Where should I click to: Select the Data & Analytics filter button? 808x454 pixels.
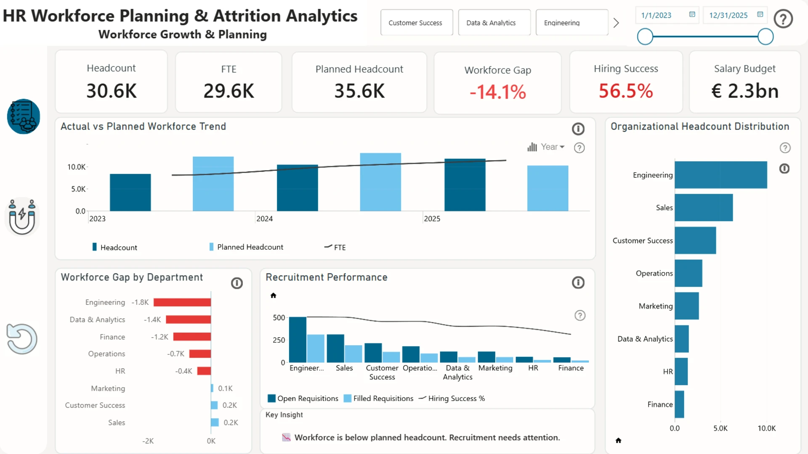point(494,23)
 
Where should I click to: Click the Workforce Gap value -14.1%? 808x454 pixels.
point(498,92)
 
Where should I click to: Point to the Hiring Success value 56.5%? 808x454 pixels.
point(626,91)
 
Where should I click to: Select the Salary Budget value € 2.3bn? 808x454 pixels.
point(745,91)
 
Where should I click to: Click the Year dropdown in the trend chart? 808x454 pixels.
point(546,147)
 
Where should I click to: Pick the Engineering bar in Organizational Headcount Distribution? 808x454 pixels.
point(721,175)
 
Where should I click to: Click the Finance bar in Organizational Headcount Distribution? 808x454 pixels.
point(679,404)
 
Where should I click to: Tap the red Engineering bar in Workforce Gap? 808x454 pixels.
point(182,302)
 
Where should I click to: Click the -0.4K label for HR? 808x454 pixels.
point(184,371)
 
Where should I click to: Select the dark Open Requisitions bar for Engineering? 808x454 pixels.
point(298,340)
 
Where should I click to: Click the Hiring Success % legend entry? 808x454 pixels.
point(452,398)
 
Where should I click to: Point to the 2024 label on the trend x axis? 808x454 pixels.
point(265,219)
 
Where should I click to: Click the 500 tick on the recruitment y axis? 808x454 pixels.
point(279,317)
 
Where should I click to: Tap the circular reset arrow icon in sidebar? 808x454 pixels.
point(22,339)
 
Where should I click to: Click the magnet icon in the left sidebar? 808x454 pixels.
point(22,217)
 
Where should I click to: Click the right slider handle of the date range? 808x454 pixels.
point(765,37)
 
